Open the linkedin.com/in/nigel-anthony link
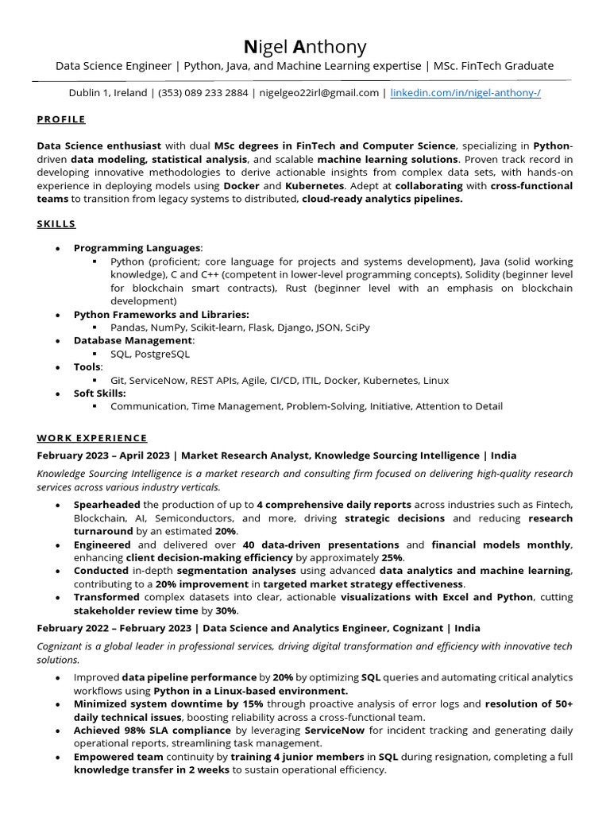[x=465, y=93]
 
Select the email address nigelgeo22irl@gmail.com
[x=319, y=93]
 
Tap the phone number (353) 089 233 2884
[x=203, y=93]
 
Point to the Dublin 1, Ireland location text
[x=108, y=93]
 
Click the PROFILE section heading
[x=61, y=119]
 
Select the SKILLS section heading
[x=56, y=224]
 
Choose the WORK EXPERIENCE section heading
[x=92, y=438]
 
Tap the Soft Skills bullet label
[x=99, y=393]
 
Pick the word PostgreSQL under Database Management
[x=163, y=354]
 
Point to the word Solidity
[x=485, y=274]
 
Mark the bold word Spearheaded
[x=106, y=505]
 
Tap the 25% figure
[x=392, y=558]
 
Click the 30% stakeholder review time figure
[x=226, y=610]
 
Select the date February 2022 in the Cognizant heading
[x=75, y=628]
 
